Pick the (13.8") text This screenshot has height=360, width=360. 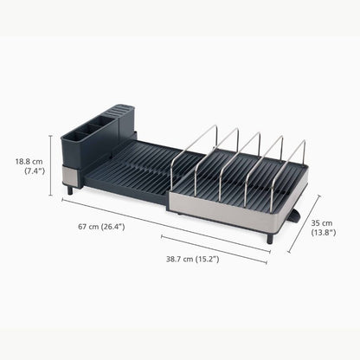pyautogui.click(x=324, y=233)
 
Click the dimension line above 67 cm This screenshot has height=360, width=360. pyautogui.click(x=164, y=224)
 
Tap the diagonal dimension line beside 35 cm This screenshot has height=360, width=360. pyautogui.click(x=304, y=223)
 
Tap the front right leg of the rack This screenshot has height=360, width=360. pyautogui.click(x=269, y=238)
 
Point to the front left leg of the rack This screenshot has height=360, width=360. pyautogui.click(x=70, y=189)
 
